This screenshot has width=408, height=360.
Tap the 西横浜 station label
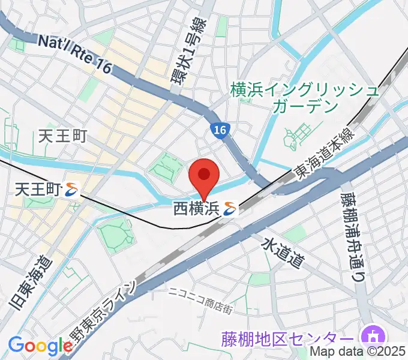[x=197, y=209]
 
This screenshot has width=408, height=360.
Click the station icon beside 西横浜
[x=230, y=209]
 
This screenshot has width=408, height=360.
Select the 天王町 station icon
[x=73, y=190]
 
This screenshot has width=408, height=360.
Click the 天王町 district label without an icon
[x=63, y=136]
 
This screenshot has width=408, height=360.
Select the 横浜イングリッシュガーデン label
[x=305, y=98]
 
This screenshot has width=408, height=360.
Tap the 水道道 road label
[x=282, y=251]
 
